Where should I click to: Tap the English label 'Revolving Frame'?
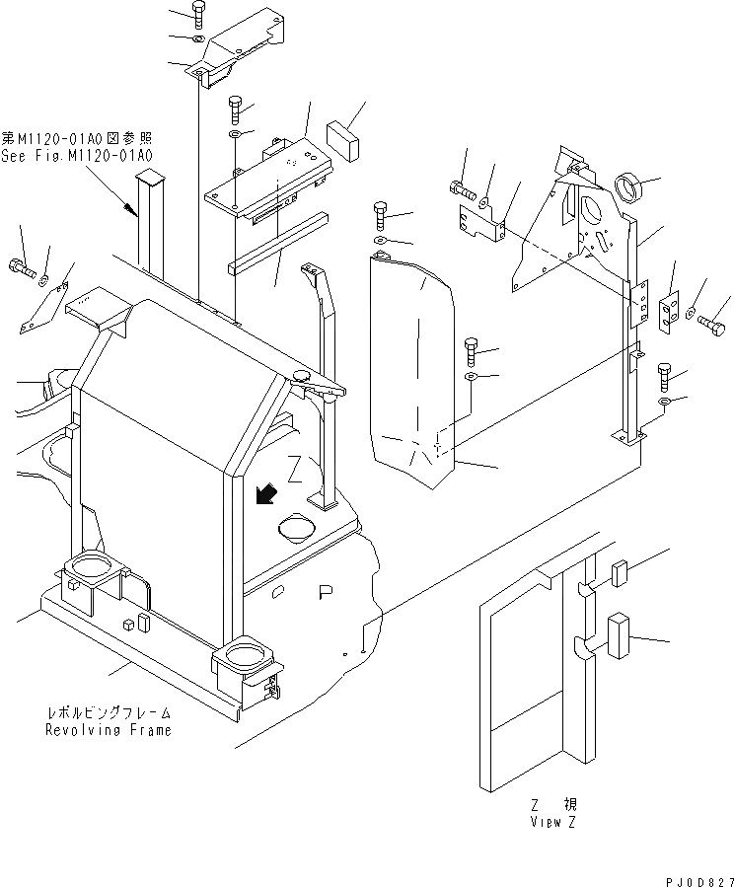108,730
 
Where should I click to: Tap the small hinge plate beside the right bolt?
668,310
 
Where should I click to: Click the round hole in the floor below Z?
298,528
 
